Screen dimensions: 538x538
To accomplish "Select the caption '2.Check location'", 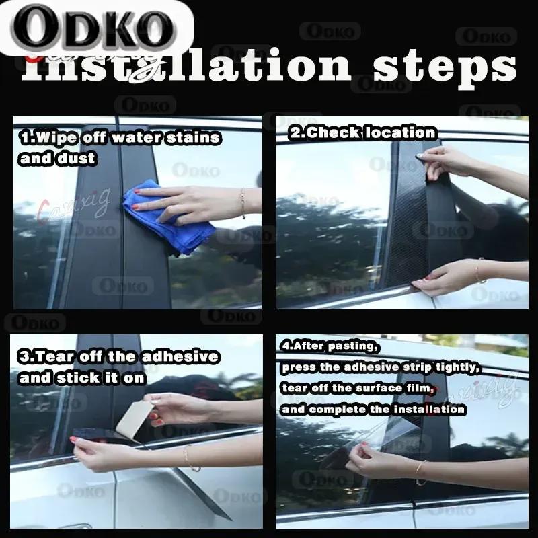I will (x=362, y=133).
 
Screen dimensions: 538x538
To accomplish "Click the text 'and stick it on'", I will (x=82, y=377).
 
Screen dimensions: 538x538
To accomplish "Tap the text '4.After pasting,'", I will (x=330, y=347).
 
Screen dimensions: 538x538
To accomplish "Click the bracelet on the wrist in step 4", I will (x=420, y=471).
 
